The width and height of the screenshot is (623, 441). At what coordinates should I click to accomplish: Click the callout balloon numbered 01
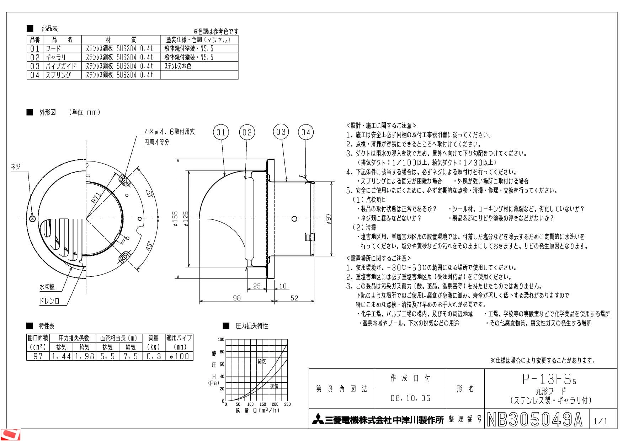tap(221, 133)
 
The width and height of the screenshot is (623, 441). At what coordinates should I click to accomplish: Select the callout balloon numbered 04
tap(306, 133)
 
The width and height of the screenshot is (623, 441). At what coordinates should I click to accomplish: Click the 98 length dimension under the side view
tap(237, 298)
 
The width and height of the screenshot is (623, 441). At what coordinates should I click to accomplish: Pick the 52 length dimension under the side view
tap(294, 298)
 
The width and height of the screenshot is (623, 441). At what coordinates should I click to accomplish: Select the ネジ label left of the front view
tap(16, 166)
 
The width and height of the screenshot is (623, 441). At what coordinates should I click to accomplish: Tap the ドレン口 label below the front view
tap(49, 301)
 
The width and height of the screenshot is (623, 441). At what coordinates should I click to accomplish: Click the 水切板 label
tap(47, 287)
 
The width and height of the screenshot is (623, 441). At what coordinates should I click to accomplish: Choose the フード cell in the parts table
tap(53, 48)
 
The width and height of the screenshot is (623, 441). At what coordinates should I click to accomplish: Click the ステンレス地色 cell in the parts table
tap(178, 66)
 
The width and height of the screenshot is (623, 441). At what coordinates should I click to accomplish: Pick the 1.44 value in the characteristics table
tap(62, 356)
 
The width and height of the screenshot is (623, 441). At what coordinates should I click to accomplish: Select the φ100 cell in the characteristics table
tap(180, 356)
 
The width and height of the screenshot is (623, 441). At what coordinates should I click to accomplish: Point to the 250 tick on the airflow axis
tap(287, 404)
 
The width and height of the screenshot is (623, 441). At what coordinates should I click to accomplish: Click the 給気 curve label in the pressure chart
tap(262, 361)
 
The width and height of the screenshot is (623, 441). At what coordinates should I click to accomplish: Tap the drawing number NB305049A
tap(535, 419)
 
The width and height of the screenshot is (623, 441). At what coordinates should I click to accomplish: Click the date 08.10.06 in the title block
tap(410, 398)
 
